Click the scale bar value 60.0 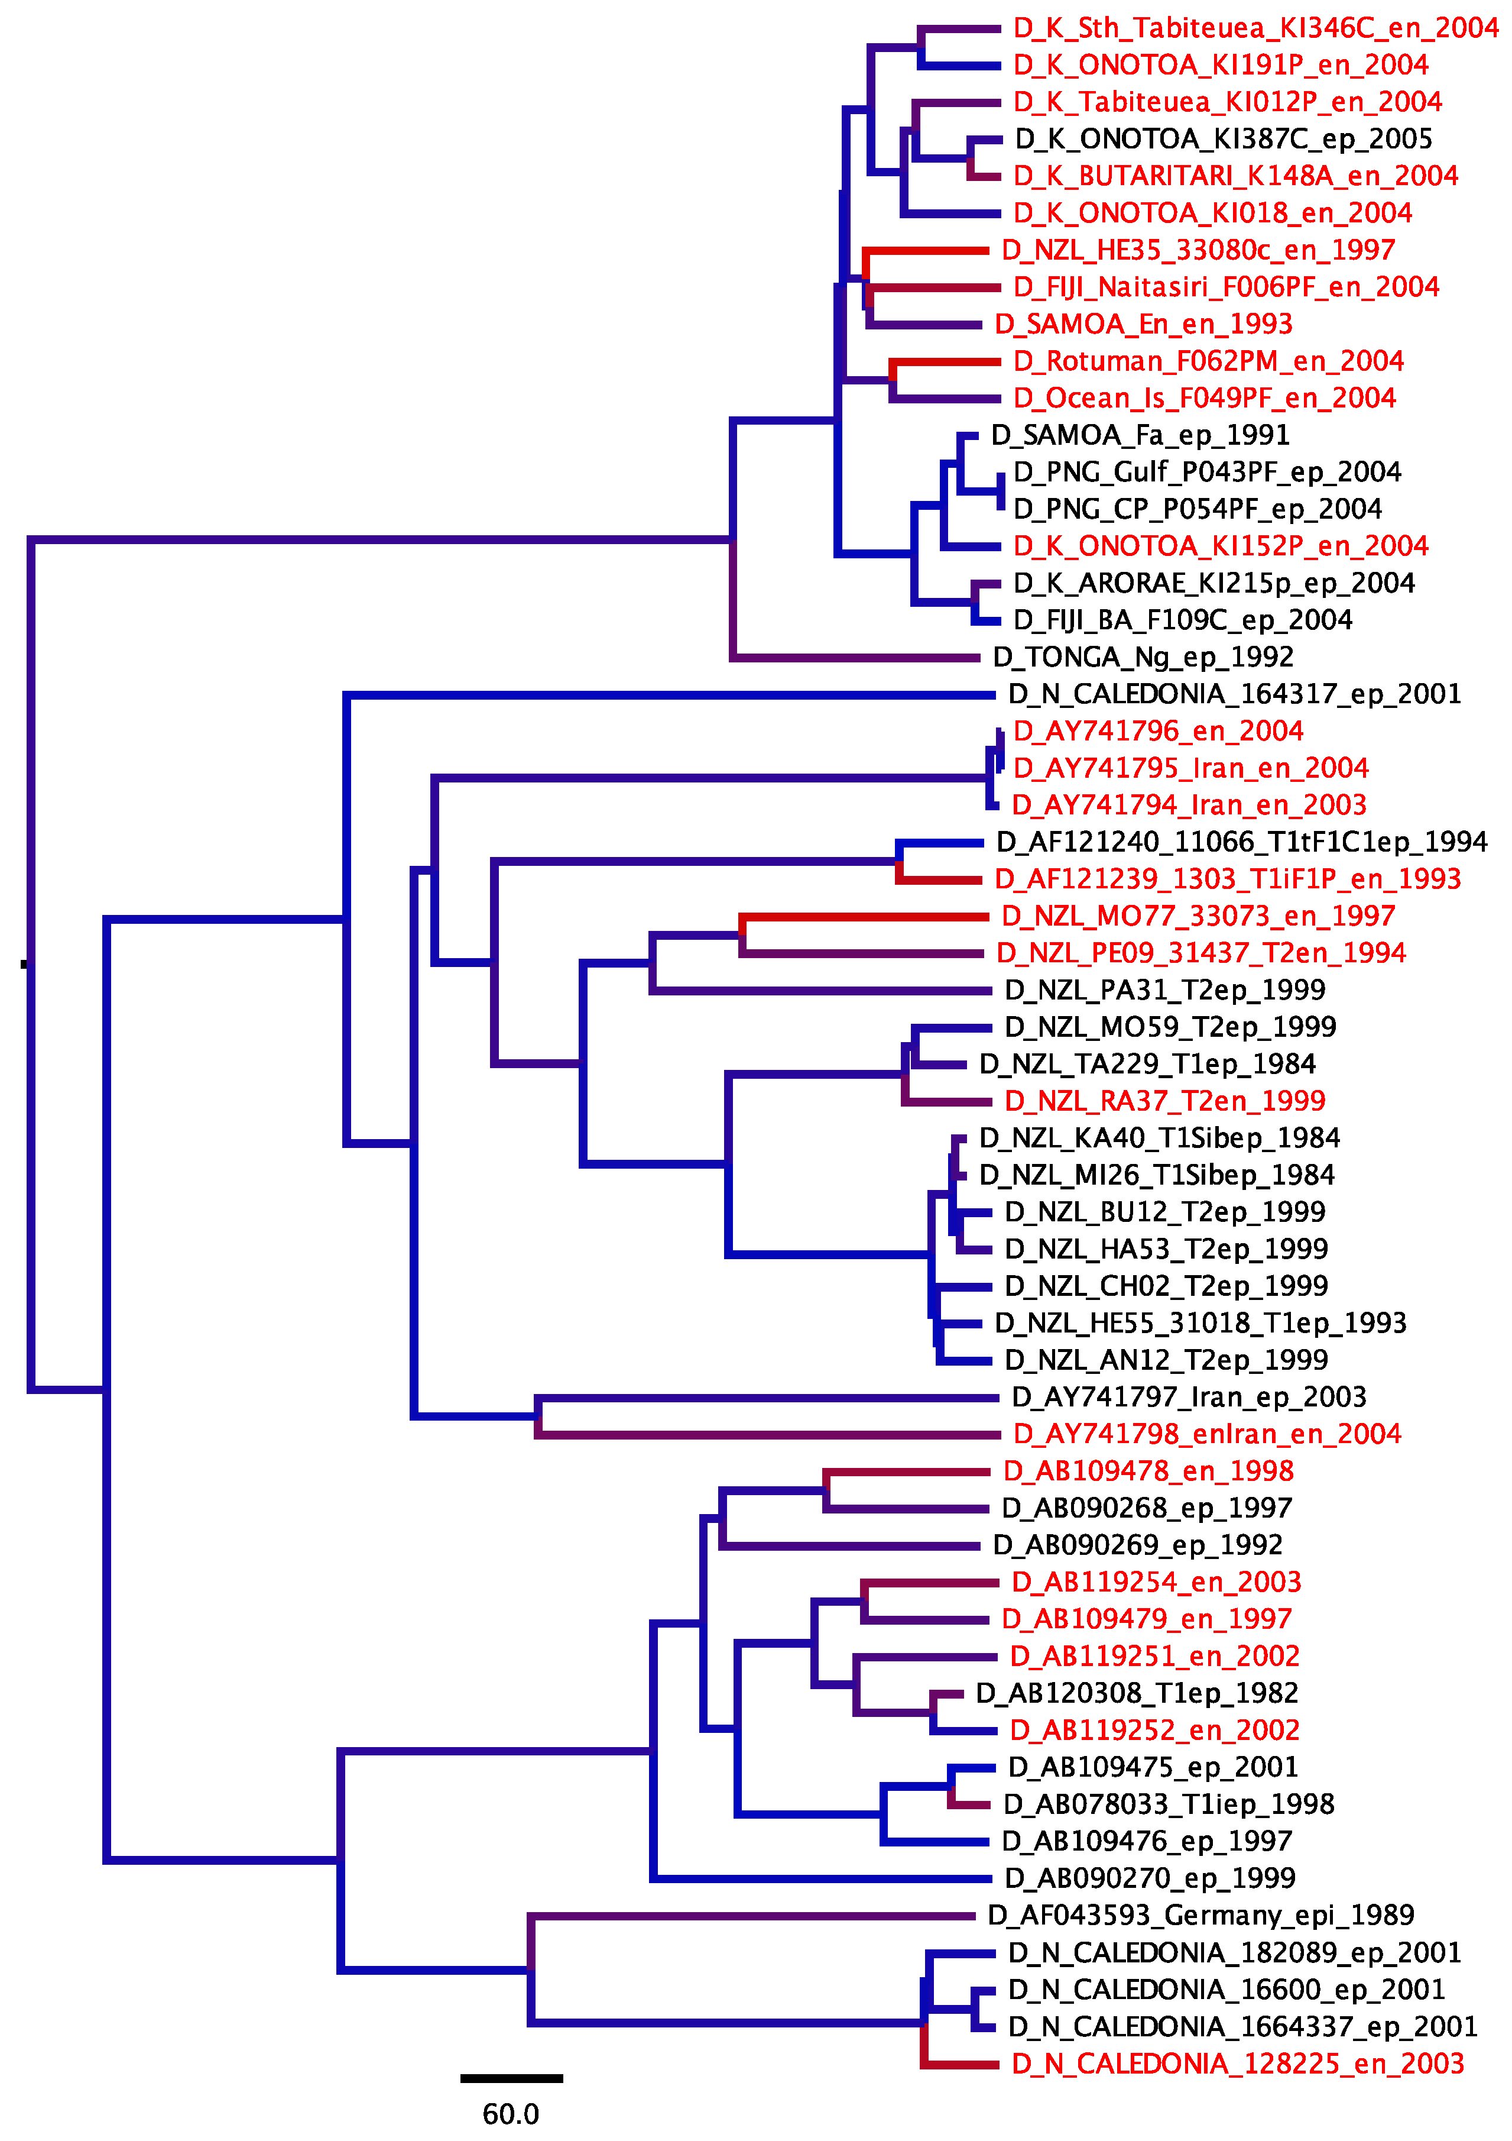point(510,2113)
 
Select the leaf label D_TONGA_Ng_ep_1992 point(1143,658)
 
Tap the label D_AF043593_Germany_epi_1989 point(1200,1915)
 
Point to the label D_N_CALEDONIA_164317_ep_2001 point(1234,695)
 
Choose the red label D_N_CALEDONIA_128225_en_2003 point(1238,2064)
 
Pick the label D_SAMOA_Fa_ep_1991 point(1140,435)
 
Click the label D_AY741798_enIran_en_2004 point(1207,1434)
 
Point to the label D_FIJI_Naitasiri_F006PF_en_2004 point(1226,287)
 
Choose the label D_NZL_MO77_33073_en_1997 point(1198,917)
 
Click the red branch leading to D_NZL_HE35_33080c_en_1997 point(927,251)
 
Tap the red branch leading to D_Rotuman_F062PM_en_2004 point(946,362)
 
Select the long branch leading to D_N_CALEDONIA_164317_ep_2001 point(671,695)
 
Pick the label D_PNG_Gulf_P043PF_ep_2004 point(1207,473)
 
